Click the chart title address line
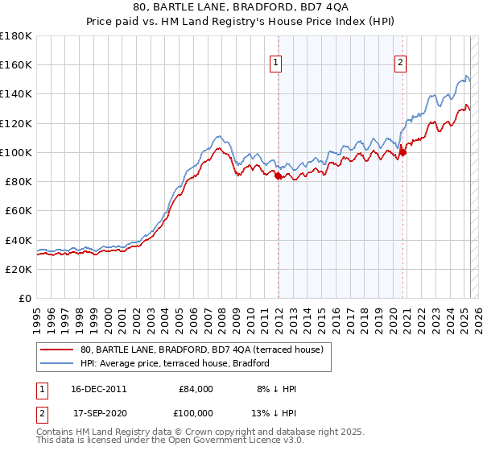tap(241, 9)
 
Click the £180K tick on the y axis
tap(16, 36)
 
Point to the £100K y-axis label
tap(16, 152)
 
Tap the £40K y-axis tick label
tap(19, 240)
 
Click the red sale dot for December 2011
tap(278, 176)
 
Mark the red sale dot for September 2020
tap(402, 153)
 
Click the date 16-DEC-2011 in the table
tap(99, 389)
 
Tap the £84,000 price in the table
tap(196, 389)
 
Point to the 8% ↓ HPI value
tap(276, 389)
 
